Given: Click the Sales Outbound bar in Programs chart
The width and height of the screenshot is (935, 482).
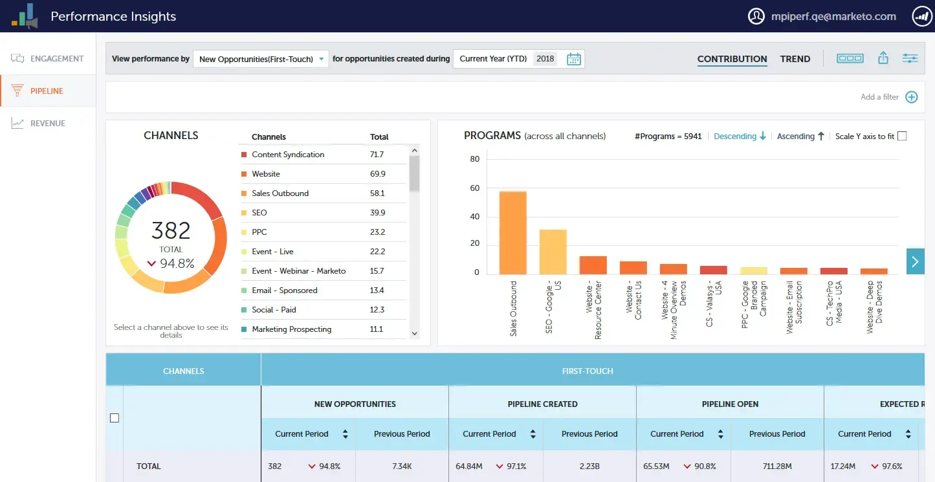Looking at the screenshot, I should pyautogui.click(x=512, y=233).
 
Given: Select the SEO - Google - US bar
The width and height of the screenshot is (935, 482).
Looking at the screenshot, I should pyautogui.click(x=553, y=252).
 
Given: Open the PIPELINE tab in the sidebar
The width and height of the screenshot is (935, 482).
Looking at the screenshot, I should pyautogui.click(x=47, y=91).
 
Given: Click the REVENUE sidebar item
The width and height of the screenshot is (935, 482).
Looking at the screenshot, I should pyautogui.click(x=47, y=124).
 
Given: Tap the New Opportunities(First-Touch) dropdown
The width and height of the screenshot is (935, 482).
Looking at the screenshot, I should pyautogui.click(x=261, y=59).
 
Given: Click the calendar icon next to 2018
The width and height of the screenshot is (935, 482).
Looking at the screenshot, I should pyautogui.click(x=574, y=59).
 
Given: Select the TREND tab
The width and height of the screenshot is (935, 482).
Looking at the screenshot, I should pyautogui.click(x=795, y=59).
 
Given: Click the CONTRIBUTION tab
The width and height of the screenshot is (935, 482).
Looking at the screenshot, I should pyautogui.click(x=732, y=59).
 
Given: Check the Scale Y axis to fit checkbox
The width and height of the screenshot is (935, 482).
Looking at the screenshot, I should pyautogui.click(x=902, y=136).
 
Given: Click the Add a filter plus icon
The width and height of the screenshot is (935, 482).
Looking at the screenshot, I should pyautogui.click(x=911, y=97).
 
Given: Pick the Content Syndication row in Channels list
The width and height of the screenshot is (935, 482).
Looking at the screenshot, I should pyautogui.click(x=288, y=155).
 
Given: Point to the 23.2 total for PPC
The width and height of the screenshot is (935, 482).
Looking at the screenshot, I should pyautogui.click(x=377, y=232).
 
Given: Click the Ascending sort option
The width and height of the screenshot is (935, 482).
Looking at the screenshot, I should pyautogui.click(x=800, y=137).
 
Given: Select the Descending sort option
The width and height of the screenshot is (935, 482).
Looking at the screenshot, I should pyautogui.click(x=740, y=137).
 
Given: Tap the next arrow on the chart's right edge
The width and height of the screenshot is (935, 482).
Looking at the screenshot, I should pyautogui.click(x=915, y=261).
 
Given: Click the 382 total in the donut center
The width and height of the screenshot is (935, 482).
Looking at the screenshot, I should pyautogui.click(x=171, y=231).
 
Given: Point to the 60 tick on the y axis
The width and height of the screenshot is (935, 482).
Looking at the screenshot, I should pyautogui.click(x=474, y=188).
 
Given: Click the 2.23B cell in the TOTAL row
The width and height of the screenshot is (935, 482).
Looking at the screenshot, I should pyautogui.click(x=589, y=466).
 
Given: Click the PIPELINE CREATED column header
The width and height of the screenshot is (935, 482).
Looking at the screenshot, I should pyautogui.click(x=542, y=404).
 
